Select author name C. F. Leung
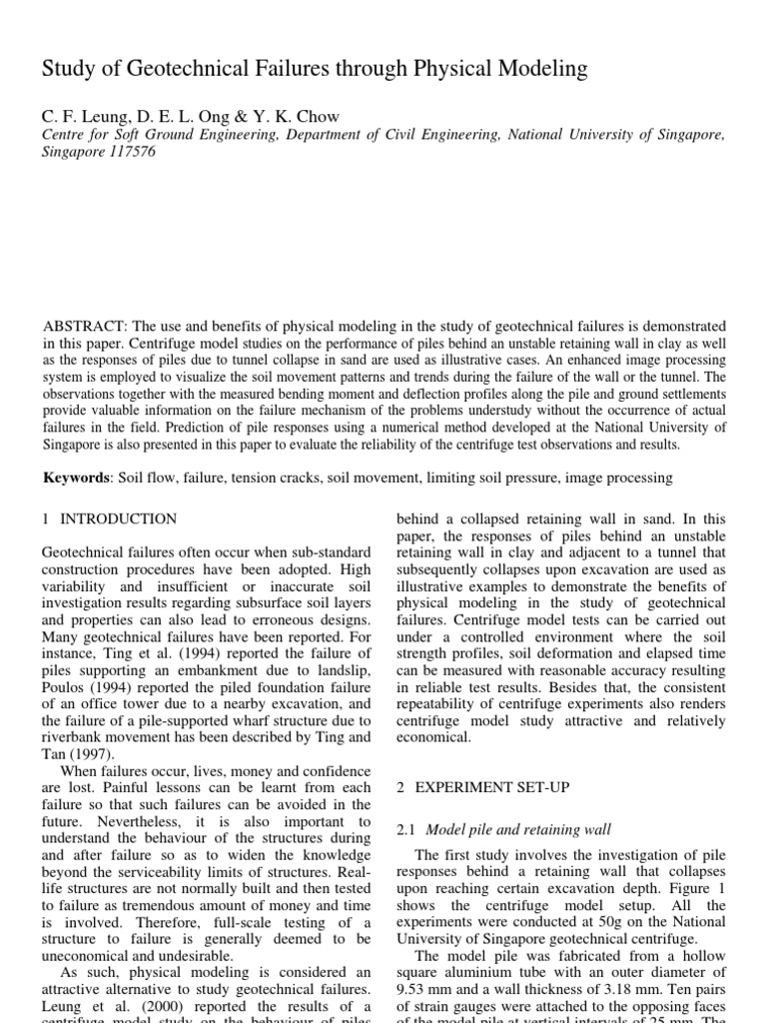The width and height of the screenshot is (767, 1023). (80, 117)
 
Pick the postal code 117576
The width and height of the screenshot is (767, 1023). (129, 153)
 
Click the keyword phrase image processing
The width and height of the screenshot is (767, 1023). (618, 479)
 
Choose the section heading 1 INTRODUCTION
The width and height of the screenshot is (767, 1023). (110, 518)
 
